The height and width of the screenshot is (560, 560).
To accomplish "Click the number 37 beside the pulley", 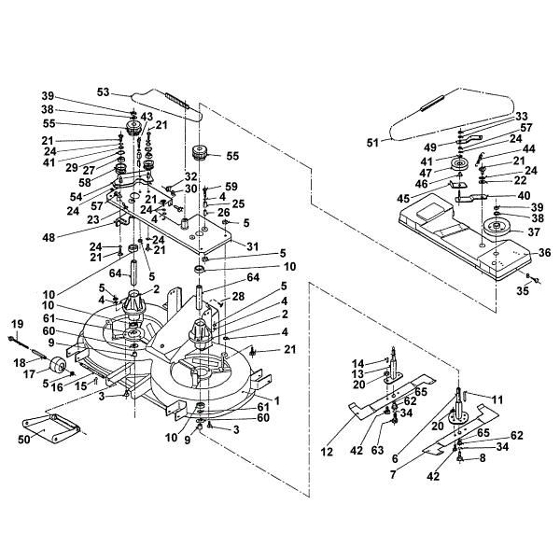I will coord(537,232).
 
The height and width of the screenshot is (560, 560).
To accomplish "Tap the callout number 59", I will coord(231,186).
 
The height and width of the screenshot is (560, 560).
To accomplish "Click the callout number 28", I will coord(240,296).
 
